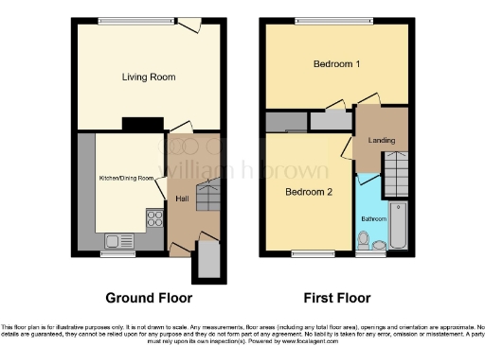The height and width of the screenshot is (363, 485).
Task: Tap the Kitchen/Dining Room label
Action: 127,178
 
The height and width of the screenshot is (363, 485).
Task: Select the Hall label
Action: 180,199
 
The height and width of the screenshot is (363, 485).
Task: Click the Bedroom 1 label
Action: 336,65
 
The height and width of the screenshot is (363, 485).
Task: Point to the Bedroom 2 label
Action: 309,191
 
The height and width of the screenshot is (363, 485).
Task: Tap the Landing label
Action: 381,141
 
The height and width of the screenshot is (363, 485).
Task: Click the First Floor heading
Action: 336,298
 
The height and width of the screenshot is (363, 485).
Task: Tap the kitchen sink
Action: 118,239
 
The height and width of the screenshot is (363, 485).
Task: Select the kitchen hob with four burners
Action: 153,220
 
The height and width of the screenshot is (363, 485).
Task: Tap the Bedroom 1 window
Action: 325,22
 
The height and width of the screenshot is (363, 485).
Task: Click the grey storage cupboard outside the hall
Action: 206,261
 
